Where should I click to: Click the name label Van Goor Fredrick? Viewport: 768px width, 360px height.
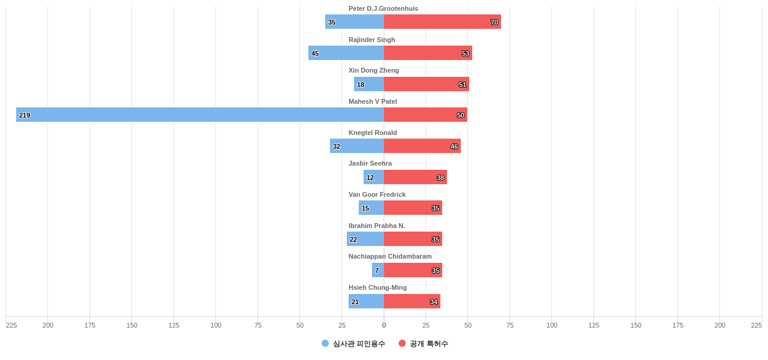pos(377,194)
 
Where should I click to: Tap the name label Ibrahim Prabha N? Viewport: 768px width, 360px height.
pos(377,226)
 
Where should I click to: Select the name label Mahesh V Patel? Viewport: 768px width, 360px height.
pos(373,101)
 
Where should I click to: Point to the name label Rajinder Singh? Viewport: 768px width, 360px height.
pos(371,40)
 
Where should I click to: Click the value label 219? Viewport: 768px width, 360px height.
pos(25,115)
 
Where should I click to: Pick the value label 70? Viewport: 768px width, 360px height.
pos(494,22)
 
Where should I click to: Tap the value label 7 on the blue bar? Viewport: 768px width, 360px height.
pos(377,271)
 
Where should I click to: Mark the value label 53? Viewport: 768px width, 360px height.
pos(466,53)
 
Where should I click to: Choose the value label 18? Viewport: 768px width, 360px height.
pos(361,85)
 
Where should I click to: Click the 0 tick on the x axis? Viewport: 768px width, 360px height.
pos(384,325)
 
